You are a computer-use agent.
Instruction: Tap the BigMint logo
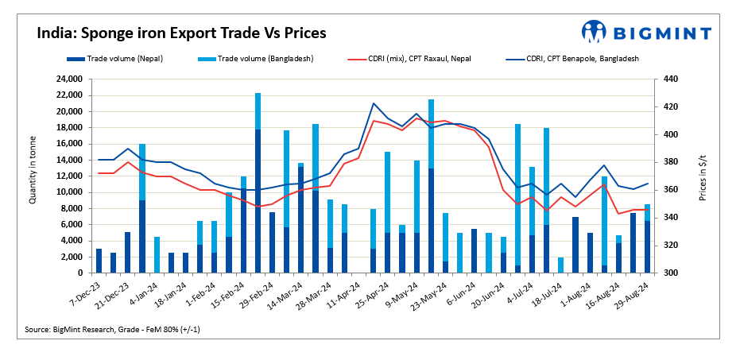[645, 32]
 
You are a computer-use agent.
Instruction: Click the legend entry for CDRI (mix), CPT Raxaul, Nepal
[420, 59]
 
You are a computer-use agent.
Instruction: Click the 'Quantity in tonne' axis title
[33, 176]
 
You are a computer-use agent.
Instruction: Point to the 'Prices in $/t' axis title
[703, 176]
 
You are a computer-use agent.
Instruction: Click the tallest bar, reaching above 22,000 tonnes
[258, 183]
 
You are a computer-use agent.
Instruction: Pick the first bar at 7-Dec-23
[99, 261]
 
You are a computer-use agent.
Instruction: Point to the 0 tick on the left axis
[85, 273]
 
